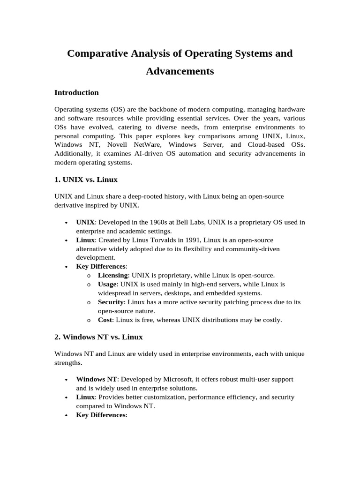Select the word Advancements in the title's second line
[x=180, y=71]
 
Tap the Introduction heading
[x=76, y=93]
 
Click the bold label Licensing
[x=112, y=275]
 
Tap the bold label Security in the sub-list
[x=111, y=302]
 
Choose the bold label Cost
[x=105, y=320]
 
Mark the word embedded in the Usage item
[x=227, y=293]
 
